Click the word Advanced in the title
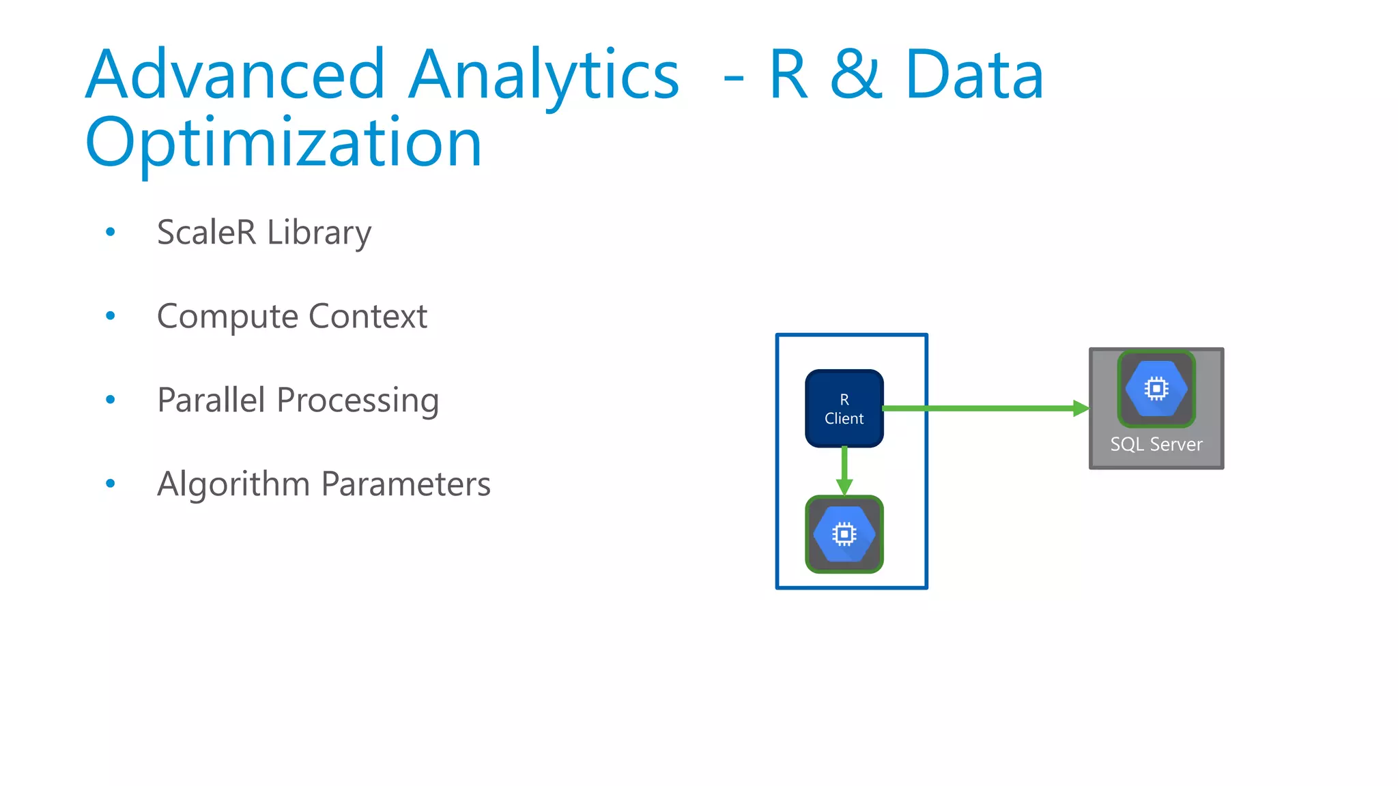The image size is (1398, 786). coord(236,74)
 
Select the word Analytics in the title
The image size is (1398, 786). coord(543,74)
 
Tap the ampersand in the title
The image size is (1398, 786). coord(856,74)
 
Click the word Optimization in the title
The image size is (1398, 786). coord(283,143)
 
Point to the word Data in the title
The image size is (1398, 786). coord(974,74)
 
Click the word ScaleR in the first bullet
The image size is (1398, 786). coord(206,233)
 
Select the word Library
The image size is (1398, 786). coord(319,233)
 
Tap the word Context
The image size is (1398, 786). coord(368,317)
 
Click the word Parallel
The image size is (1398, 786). coord(211,400)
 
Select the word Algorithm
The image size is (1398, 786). coord(233,484)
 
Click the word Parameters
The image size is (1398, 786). coord(405,484)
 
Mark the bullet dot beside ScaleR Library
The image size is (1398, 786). coord(111,233)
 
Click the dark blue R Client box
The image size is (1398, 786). coord(844,409)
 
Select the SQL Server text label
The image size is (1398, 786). coord(1156,445)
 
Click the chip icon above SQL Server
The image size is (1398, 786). coord(1156,389)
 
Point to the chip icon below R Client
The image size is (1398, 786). coord(844,534)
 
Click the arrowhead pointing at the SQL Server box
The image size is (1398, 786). coord(1081,409)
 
